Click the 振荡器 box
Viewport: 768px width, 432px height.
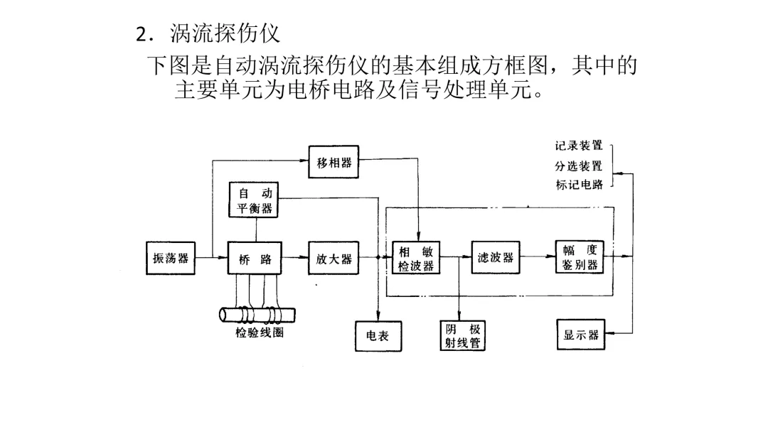point(170,258)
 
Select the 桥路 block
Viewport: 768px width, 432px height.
point(255,258)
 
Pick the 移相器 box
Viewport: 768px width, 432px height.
point(334,163)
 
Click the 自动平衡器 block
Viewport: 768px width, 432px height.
point(255,200)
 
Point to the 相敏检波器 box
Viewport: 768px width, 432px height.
point(416,258)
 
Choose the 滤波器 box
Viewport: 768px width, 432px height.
point(496,258)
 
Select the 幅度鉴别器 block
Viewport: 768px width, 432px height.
point(579,258)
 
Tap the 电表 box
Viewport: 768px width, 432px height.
point(378,336)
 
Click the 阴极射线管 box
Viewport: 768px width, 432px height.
point(462,336)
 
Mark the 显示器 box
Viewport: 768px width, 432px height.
point(580,335)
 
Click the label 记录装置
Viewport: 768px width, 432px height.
point(579,146)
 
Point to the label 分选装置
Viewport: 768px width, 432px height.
point(579,166)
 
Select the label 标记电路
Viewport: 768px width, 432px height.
point(579,185)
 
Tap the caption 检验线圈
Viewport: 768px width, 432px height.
point(259,333)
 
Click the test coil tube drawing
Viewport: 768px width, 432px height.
point(257,314)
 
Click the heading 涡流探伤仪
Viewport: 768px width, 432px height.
point(225,33)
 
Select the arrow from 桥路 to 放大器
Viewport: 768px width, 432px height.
point(296,258)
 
